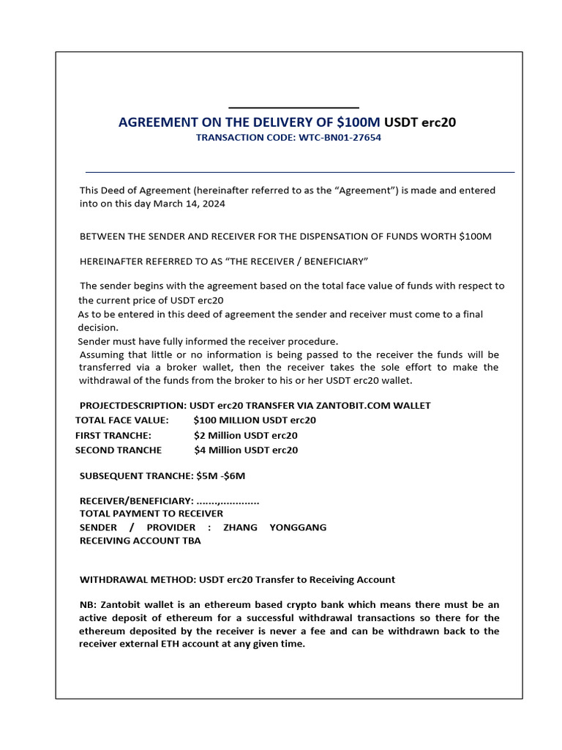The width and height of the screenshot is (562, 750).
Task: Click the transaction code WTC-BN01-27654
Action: click(x=340, y=138)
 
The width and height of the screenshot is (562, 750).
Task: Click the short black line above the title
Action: click(x=293, y=108)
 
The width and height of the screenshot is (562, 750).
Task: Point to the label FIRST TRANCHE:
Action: click(x=113, y=435)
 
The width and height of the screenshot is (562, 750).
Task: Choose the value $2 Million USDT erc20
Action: click(x=246, y=435)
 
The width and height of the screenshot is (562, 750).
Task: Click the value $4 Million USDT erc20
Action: click(x=246, y=450)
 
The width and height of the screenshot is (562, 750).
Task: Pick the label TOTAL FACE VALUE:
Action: click(x=121, y=420)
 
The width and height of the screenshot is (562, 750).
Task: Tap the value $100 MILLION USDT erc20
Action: click(x=255, y=420)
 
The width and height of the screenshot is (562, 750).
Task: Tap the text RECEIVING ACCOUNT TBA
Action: click(x=140, y=541)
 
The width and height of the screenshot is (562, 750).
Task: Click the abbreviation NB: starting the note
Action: click(x=87, y=605)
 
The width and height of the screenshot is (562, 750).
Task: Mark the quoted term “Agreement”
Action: click(x=364, y=190)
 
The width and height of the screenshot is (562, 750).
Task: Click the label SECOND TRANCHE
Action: click(x=119, y=450)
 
